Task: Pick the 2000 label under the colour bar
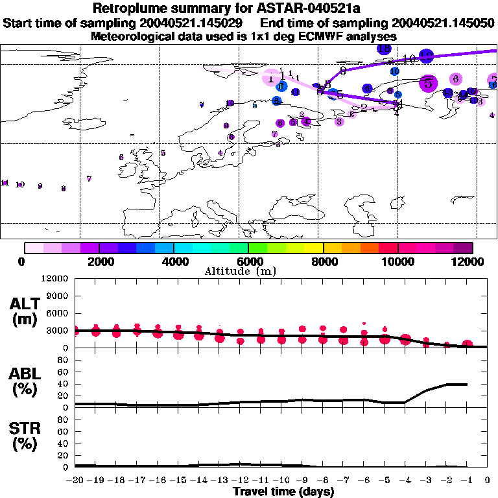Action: [99, 261]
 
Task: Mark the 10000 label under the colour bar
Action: [398, 261]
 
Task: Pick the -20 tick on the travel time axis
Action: [75, 480]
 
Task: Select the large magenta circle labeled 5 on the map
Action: [428, 82]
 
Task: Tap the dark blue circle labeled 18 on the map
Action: [384, 49]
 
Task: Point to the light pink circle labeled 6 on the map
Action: [456, 78]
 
